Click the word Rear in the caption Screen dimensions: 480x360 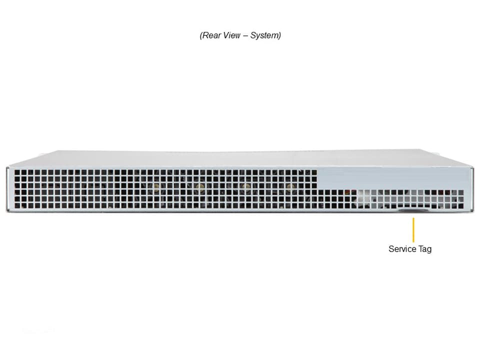tap(211, 35)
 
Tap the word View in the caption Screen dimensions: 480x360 tap(231, 35)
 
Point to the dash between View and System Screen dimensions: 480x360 tap(245, 36)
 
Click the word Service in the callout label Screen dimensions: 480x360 tap(402, 249)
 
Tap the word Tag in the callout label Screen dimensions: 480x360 tap(425, 249)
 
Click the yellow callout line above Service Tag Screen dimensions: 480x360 tap(413, 230)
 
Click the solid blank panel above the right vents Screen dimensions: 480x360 tap(393, 178)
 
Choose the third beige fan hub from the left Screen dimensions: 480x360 tap(245, 186)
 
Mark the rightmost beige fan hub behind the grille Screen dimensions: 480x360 tap(289, 186)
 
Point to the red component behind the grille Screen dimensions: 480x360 tap(347, 192)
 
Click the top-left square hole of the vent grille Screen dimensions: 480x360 tap(17, 172)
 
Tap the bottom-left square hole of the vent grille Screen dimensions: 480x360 tap(17, 205)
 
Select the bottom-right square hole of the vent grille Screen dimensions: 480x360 tap(460, 206)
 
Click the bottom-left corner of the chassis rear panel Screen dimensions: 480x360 tap(6, 211)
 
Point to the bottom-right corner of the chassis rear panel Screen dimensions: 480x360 tap(473, 211)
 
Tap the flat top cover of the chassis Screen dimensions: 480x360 tap(240, 158)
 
